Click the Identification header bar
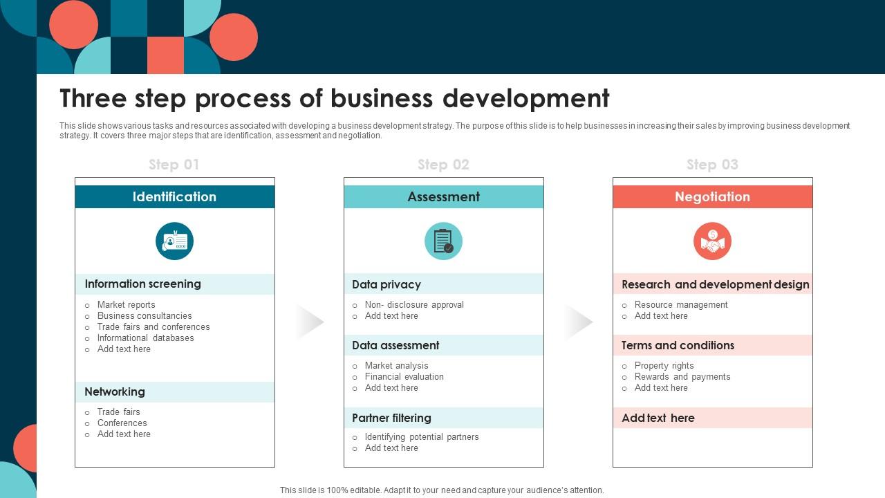(x=174, y=197)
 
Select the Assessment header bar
(x=443, y=197)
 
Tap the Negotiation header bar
(x=712, y=197)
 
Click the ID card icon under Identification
(x=174, y=241)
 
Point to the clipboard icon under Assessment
(x=443, y=241)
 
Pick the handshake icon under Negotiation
(x=712, y=241)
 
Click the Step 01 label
(x=174, y=165)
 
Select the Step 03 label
(x=712, y=165)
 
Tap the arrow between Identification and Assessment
(x=310, y=322)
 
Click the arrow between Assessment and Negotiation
(x=579, y=322)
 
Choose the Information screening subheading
(x=142, y=284)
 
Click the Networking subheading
(x=115, y=391)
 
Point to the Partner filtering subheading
(x=391, y=418)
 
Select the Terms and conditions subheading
(x=678, y=345)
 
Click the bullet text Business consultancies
(x=145, y=316)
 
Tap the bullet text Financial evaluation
(x=404, y=377)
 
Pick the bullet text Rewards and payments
(x=682, y=377)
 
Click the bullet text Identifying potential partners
(x=422, y=437)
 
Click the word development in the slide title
(x=526, y=98)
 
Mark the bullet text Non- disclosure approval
(x=414, y=305)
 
